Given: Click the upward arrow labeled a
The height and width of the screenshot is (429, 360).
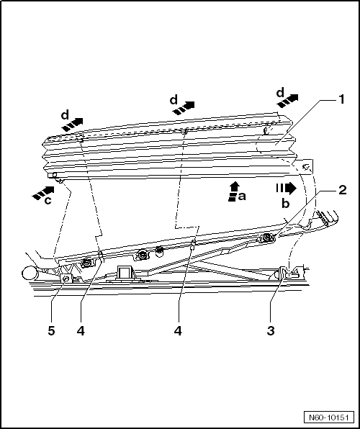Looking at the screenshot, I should pyautogui.click(x=233, y=189).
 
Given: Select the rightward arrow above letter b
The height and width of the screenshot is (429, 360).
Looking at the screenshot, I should pyautogui.click(x=286, y=189).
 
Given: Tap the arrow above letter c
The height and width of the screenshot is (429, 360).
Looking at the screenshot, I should pyautogui.click(x=44, y=192).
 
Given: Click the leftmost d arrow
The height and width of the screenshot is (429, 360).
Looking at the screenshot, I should pyautogui.click(x=72, y=124).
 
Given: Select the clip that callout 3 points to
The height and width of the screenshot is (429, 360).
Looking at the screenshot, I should pyautogui.click(x=286, y=274).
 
